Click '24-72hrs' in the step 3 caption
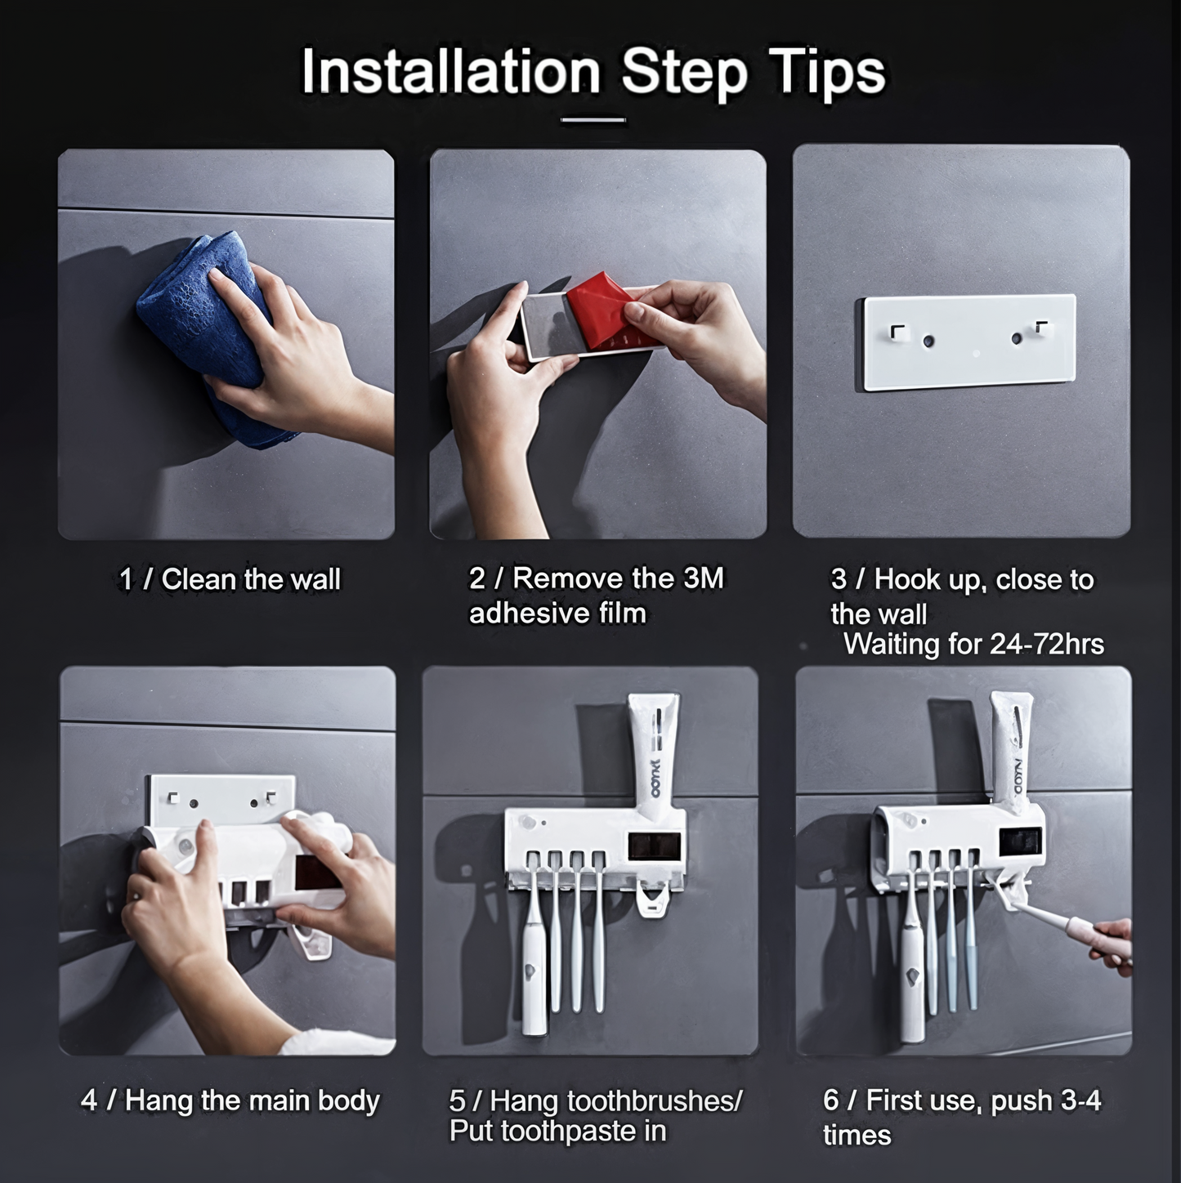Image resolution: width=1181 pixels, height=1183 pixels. pyautogui.click(x=1046, y=644)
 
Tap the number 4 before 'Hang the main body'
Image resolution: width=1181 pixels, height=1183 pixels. pyautogui.click(x=89, y=1100)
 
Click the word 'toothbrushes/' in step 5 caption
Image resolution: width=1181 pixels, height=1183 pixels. pyautogui.click(x=655, y=1100)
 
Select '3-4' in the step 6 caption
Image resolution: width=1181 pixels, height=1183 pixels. pyautogui.click(x=1080, y=1100)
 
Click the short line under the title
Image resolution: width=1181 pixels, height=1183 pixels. pyautogui.click(x=593, y=120)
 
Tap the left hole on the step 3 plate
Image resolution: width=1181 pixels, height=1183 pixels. pyautogui.click(x=928, y=340)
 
